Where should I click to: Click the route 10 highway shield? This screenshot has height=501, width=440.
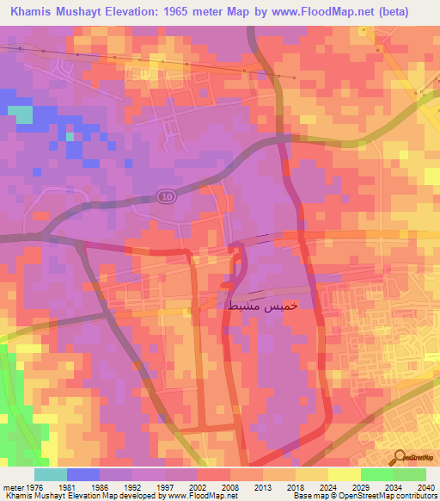tap(166, 197)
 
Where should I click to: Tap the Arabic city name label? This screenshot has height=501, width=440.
tap(263, 306)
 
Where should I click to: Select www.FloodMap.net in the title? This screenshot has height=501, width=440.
tap(327, 11)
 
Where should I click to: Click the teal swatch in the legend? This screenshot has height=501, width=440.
tap(51, 474)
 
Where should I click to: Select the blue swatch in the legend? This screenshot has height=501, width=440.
tap(83, 474)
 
